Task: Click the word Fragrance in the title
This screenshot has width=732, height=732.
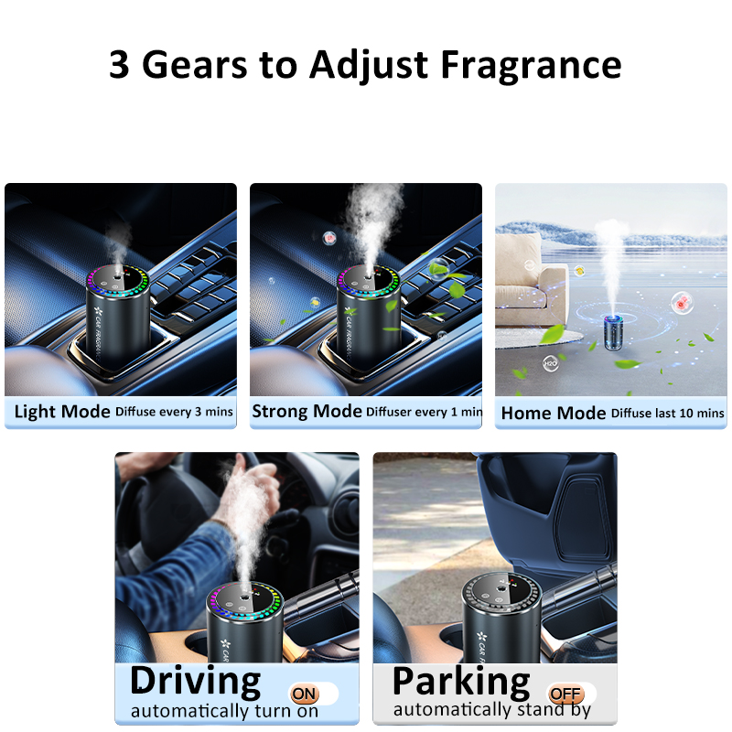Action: (x=532, y=64)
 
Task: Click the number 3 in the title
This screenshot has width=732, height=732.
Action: (x=119, y=64)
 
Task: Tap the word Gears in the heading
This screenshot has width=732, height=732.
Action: (x=194, y=64)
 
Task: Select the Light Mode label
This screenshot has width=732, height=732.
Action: (x=62, y=411)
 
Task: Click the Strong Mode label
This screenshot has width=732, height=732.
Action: (x=307, y=411)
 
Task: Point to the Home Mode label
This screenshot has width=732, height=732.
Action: (x=554, y=414)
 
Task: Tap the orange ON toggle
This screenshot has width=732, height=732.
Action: (x=305, y=694)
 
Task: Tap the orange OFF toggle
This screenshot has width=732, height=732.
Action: (x=565, y=694)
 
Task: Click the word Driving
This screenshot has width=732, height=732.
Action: (x=196, y=681)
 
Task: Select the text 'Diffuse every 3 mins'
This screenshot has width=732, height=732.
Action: (x=174, y=412)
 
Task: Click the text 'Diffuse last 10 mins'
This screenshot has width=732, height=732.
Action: (x=668, y=414)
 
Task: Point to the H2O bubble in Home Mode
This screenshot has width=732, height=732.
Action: (x=551, y=363)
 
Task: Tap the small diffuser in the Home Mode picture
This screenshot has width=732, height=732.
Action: (x=614, y=332)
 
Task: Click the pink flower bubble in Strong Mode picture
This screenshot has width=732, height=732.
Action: (x=329, y=238)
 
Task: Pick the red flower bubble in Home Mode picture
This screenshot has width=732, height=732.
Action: (x=682, y=303)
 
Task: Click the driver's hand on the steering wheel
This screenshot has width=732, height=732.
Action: (x=245, y=486)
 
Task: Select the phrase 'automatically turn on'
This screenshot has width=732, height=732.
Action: (x=224, y=712)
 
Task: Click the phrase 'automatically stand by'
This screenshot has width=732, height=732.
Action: (x=492, y=710)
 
